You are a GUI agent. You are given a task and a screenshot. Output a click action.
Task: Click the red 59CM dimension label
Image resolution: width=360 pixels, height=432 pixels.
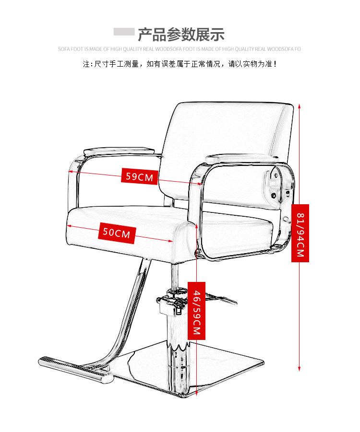[x=139, y=176]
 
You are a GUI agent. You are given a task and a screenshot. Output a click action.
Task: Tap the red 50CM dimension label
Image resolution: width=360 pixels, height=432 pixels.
[x=117, y=234]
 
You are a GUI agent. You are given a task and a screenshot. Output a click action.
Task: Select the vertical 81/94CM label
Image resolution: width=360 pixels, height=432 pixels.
[x=300, y=233]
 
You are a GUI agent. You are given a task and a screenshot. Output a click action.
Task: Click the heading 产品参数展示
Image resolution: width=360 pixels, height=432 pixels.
[x=181, y=35]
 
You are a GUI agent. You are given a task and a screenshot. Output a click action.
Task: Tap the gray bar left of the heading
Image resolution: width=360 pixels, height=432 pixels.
[x=124, y=32]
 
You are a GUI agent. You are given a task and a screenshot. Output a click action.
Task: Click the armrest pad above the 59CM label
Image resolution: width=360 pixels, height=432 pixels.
[x=122, y=151]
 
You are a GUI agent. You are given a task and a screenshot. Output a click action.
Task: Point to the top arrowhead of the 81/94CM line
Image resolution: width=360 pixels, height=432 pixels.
[x=300, y=105]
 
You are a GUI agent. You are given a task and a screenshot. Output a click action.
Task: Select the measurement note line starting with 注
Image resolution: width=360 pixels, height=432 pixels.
[x=180, y=63]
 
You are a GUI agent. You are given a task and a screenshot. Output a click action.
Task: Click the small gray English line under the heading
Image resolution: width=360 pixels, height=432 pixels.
[x=180, y=49]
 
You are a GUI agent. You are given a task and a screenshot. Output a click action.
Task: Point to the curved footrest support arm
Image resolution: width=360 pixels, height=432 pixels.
[x=127, y=326]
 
